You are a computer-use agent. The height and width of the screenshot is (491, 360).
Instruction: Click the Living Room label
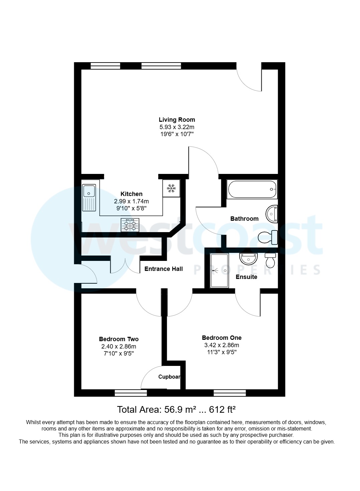(x=177, y=120)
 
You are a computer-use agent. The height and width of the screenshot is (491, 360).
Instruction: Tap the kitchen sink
(x=89, y=198)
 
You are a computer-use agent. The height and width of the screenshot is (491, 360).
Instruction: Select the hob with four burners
(x=130, y=224)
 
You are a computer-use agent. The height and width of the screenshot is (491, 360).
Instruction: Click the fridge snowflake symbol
(x=171, y=188)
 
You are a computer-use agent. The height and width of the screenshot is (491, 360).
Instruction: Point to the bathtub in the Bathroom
(x=252, y=190)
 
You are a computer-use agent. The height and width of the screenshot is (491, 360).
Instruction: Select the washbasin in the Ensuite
(x=248, y=259)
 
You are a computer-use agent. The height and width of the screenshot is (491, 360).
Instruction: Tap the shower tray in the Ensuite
(x=219, y=270)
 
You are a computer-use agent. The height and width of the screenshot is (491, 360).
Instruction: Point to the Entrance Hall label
(x=163, y=269)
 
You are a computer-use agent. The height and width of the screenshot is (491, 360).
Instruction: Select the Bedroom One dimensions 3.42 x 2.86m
(x=222, y=345)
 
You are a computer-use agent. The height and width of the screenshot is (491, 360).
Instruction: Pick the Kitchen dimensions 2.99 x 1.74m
(x=131, y=201)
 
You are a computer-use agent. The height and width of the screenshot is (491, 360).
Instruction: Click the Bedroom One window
(x=230, y=393)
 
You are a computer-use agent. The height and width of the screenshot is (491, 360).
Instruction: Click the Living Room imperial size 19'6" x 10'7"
(x=177, y=134)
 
